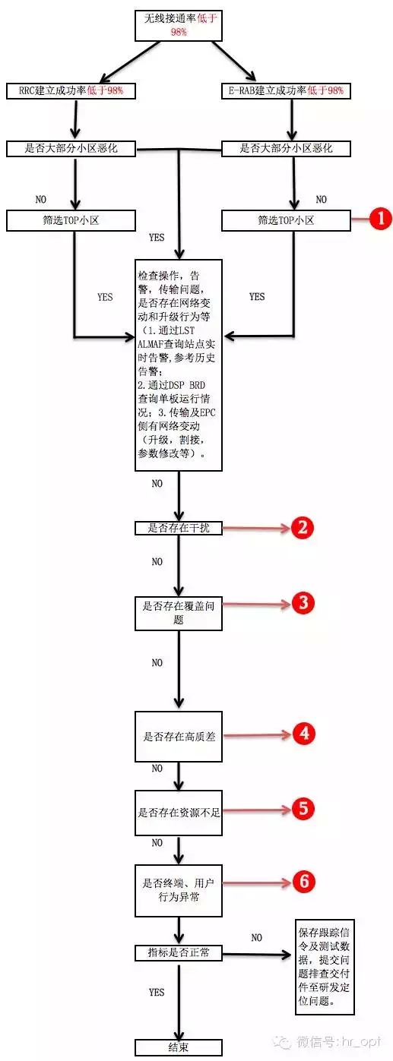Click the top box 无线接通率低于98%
point(179,25)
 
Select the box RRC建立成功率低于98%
point(71,90)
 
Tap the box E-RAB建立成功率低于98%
point(286,90)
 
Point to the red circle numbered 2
point(303,527)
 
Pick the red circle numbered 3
point(303,603)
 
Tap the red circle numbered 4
point(304,734)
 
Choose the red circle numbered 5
point(303,808)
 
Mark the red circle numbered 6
point(304,881)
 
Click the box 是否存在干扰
point(179,528)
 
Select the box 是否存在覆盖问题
point(179,613)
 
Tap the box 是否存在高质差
point(179,736)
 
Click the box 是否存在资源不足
point(179,813)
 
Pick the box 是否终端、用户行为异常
point(179,890)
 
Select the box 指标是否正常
point(179,952)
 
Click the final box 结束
point(179,1047)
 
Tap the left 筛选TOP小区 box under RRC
point(71,221)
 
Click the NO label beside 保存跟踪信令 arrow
point(256,937)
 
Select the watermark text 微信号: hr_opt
point(338,1042)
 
